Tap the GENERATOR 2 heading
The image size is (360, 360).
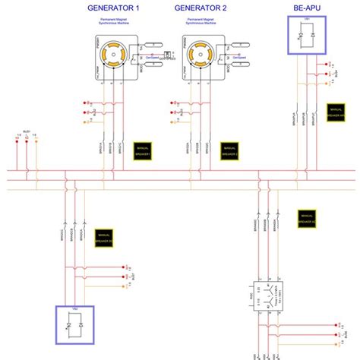point(201,8)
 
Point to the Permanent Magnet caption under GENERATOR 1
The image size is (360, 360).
point(115,21)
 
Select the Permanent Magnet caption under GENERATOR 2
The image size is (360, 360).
point(201,21)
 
